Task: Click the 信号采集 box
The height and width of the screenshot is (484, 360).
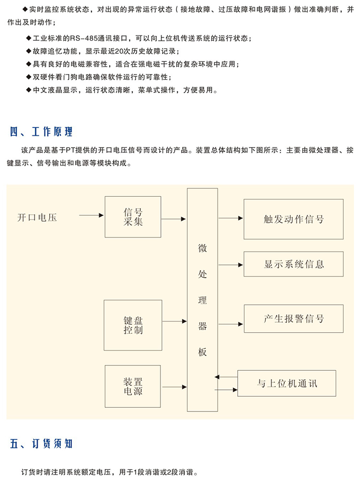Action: pos(133,217)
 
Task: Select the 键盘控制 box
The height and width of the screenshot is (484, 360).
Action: pos(133,325)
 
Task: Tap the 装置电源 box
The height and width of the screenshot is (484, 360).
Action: pos(133,387)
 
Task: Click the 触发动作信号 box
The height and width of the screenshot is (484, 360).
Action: pos(294,219)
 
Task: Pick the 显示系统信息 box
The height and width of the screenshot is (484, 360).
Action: pos(294,264)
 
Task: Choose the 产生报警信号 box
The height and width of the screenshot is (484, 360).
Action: pos(294,318)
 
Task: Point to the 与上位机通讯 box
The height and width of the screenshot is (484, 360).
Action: pos(287,383)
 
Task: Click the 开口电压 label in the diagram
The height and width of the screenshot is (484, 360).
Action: pos(37,217)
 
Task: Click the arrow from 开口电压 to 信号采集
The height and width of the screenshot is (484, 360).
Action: pos(91,215)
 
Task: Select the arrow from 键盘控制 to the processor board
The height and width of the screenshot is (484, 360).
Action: pos(175,321)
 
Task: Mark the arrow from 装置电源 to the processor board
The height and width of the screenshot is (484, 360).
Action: pos(175,387)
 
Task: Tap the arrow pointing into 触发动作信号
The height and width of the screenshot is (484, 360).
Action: pos(231,218)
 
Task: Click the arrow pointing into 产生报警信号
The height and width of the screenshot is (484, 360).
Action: pos(231,324)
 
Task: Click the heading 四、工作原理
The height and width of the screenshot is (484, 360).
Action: pos(41,132)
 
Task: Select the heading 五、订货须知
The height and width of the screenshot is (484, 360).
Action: pos(41,444)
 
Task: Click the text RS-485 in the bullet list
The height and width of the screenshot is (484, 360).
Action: pos(84,38)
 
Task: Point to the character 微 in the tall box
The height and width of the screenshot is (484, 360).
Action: pos(202,248)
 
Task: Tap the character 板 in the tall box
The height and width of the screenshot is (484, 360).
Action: pos(202,352)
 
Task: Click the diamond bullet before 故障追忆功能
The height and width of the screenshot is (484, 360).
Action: pos(29,51)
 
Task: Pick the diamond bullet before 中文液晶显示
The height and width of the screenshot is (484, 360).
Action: pos(29,90)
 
